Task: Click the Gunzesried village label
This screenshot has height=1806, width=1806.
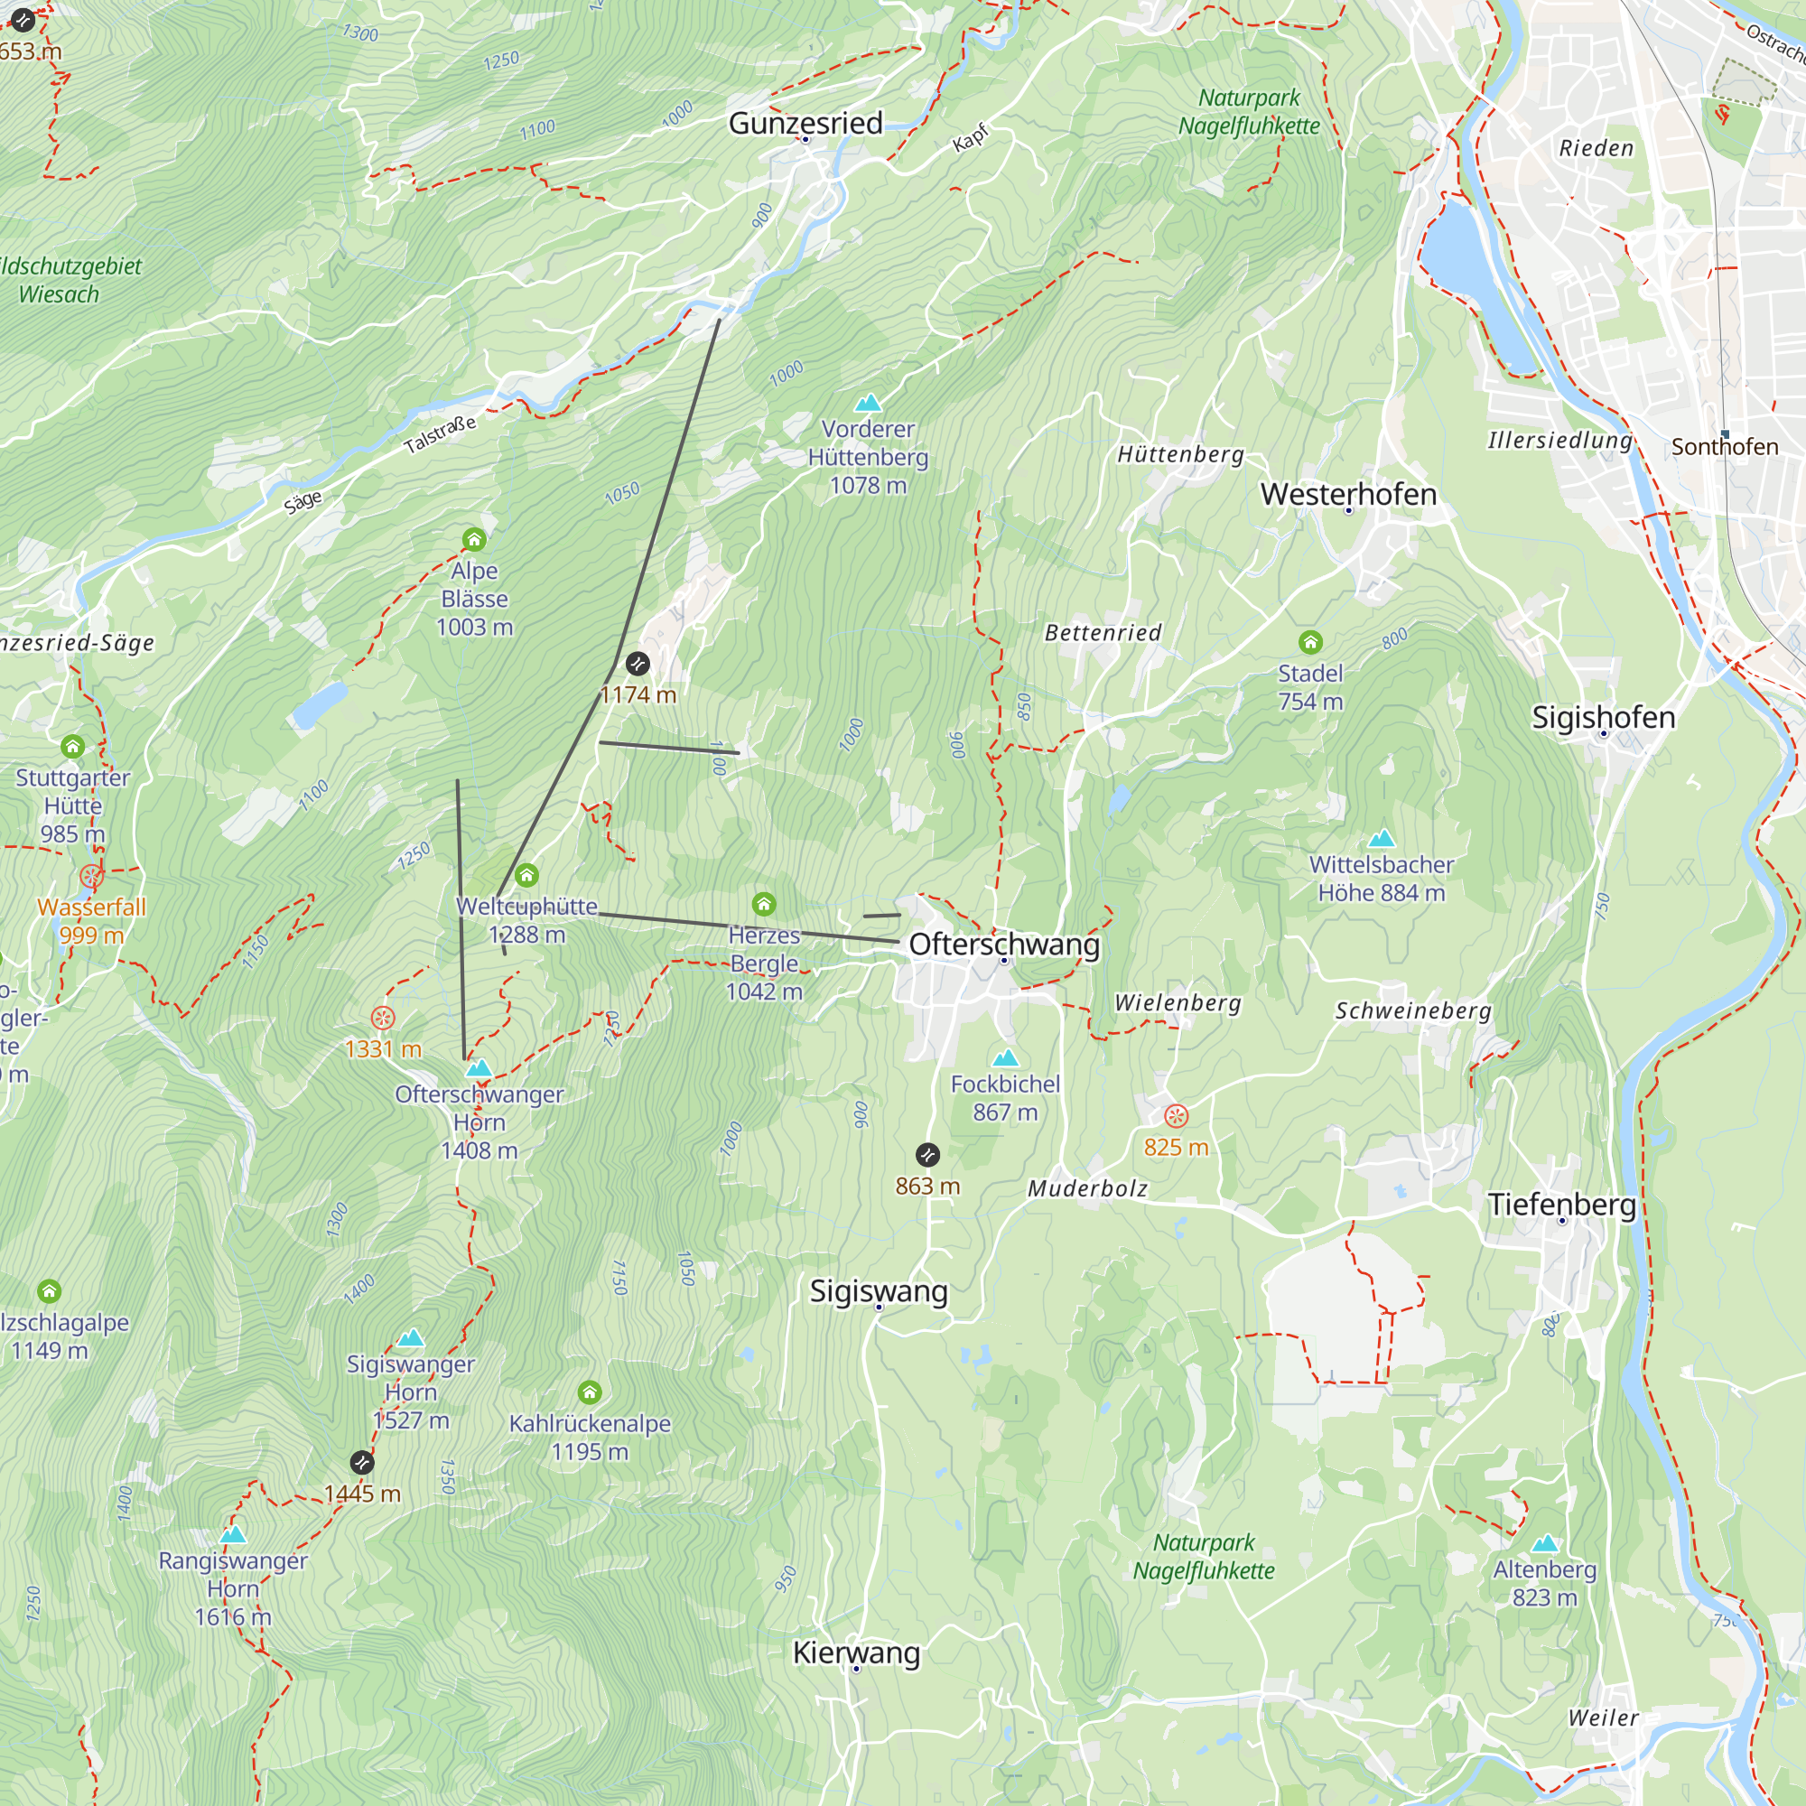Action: pos(805,124)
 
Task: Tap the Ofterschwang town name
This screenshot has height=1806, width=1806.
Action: pos(1004,945)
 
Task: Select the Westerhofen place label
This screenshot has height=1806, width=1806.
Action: pos(1348,494)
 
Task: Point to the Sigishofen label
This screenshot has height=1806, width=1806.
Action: pos(1603,717)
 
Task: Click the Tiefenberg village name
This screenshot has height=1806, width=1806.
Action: pos(1561,1204)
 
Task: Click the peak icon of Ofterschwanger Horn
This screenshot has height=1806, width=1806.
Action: pos(479,1067)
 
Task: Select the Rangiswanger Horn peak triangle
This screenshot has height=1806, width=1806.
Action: pos(233,1534)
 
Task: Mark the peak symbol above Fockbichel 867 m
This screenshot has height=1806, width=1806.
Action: pos(1005,1057)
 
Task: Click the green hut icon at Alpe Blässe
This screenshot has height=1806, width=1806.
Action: pos(474,539)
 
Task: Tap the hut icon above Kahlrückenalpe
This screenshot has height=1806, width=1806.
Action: pos(589,1392)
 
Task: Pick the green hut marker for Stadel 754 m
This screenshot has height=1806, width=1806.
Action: pos(1309,641)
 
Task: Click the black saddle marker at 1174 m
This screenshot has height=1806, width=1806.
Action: pos(638,664)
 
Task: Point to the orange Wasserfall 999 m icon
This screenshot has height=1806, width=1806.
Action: pos(90,876)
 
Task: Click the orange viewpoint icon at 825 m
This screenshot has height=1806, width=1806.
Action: pos(1175,1115)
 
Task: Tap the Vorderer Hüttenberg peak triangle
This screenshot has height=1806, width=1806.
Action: pos(868,403)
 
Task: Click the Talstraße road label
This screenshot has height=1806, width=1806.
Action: pos(441,434)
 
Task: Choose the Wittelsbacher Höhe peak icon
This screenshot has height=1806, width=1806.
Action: pos(1381,838)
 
